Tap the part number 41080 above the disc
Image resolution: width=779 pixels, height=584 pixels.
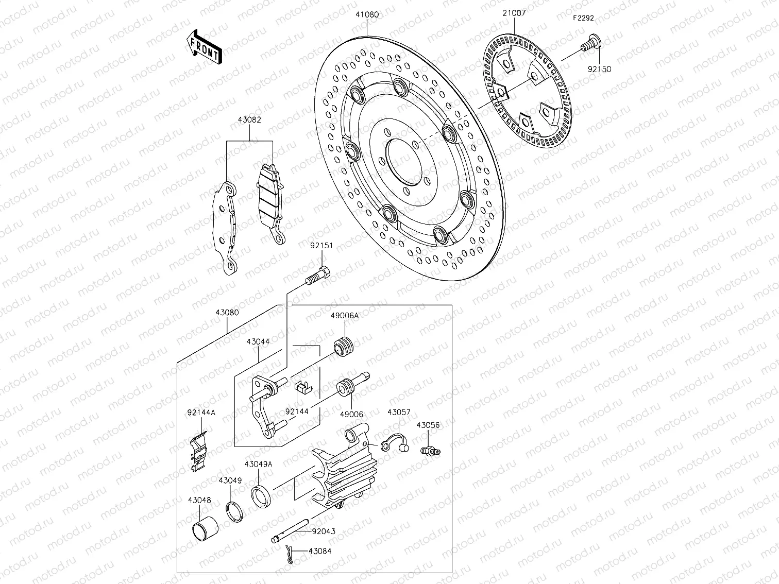click(366, 15)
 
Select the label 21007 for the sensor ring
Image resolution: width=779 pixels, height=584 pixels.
click(514, 13)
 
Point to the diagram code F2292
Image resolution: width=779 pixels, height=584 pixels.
click(583, 18)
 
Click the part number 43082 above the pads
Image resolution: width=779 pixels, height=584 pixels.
click(249, 120)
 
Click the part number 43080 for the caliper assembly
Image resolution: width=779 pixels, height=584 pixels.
click(227, 313)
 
